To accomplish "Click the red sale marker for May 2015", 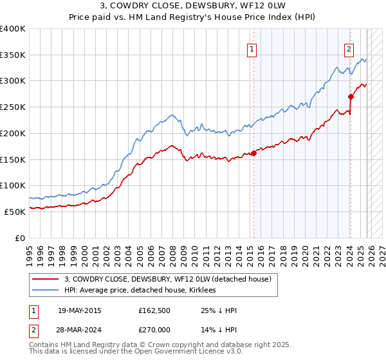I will (x=253, y=153).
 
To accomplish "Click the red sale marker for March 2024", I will (x=351, y=97).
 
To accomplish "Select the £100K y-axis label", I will (x=13, y=185).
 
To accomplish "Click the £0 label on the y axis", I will (x=20, y=237).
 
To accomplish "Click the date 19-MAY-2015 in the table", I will (x=79, y=310).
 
